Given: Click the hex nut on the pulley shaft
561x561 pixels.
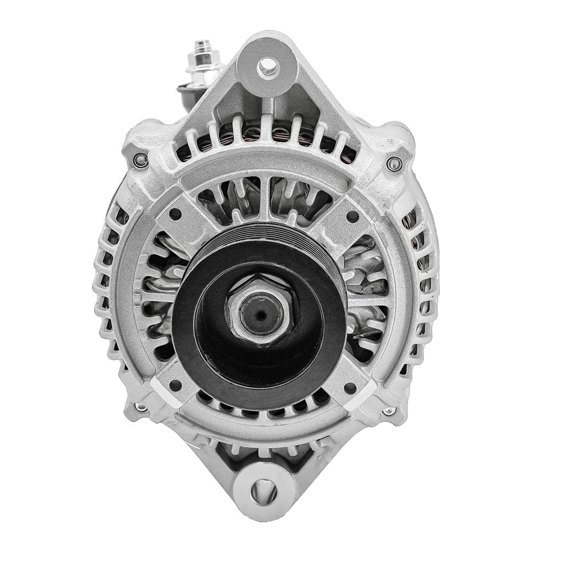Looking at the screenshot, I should pos(259,313).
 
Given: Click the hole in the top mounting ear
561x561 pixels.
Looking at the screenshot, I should pos(266,68).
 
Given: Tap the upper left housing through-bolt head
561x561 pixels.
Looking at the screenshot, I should pos(140,161).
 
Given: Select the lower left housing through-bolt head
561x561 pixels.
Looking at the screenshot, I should pos(141,407).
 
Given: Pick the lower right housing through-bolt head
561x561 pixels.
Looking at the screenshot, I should pos(388,411).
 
